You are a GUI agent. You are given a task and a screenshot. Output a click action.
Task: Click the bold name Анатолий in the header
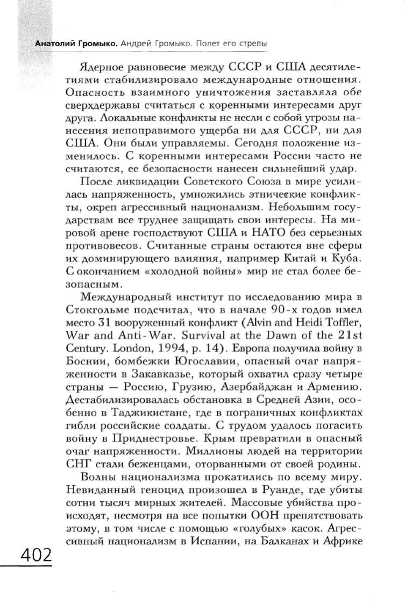click(54, 42)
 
